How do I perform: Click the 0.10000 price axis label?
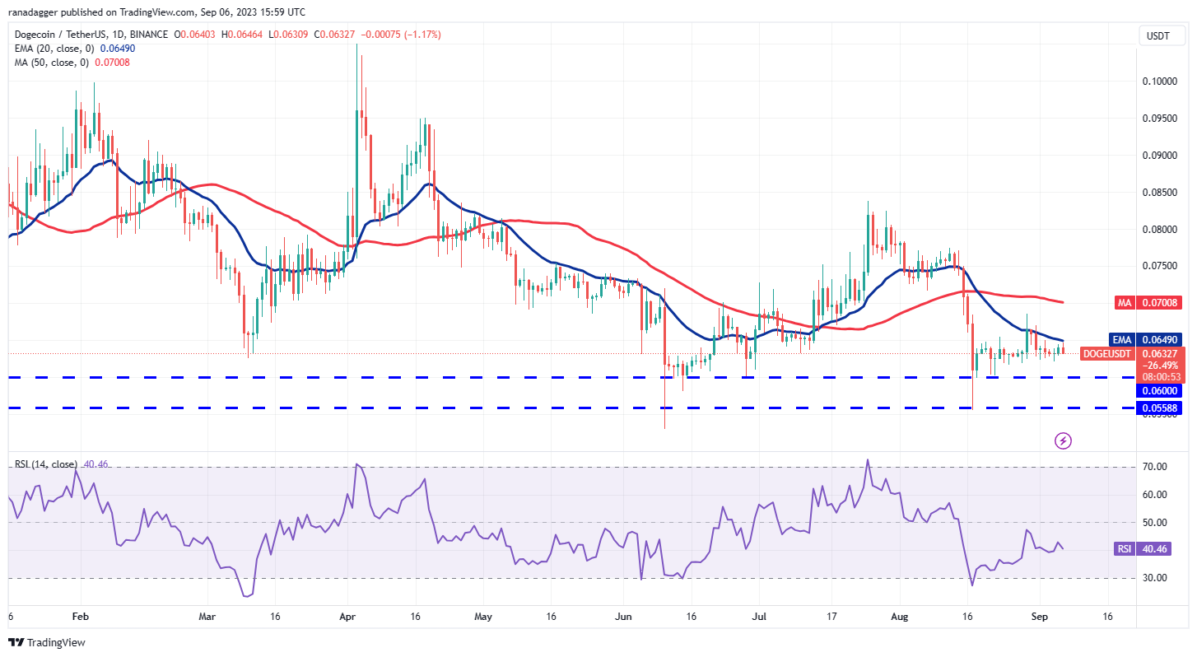1158,82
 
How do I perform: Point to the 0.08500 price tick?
1158,193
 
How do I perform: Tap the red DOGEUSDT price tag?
1107,353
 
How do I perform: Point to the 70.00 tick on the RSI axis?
1156,467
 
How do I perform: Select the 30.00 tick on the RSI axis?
1156,578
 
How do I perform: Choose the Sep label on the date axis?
1039,616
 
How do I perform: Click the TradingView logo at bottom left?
47,642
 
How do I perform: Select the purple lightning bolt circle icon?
1063,440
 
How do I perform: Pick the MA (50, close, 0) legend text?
49,62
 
